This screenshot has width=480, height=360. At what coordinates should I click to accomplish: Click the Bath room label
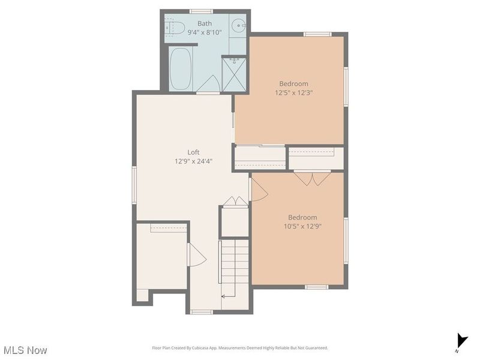[205, 23]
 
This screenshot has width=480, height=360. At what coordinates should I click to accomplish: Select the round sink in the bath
[238, 25]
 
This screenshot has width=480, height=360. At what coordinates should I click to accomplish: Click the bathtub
[181, 69]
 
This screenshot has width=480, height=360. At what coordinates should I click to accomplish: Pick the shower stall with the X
[234, 74]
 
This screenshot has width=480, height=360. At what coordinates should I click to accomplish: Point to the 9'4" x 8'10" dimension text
[205, 32]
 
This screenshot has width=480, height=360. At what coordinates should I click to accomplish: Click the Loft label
[193, 152]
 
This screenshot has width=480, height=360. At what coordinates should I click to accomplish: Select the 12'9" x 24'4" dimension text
[193, 161]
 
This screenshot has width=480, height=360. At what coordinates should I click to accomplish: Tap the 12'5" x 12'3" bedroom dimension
[293, 92]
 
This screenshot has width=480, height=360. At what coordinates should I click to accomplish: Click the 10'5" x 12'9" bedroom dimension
[302, 226]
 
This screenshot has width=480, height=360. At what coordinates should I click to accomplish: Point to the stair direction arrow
[228, 296]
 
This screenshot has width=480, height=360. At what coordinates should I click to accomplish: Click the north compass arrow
[462, 341]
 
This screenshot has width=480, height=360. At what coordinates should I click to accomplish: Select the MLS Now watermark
[25, 350]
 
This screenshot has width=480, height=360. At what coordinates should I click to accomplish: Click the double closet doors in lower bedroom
[312, 179]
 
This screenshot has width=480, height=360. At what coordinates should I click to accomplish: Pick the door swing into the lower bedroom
[259, 190]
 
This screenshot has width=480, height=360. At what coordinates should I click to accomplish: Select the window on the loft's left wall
[134, 185]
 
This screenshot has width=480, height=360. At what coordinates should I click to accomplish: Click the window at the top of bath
[201, 11]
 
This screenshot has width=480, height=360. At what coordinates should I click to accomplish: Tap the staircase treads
[235, 262]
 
